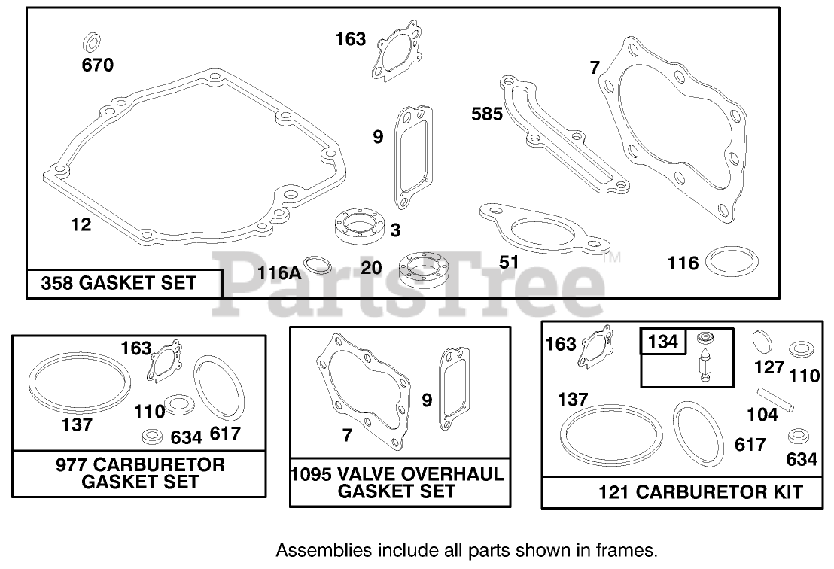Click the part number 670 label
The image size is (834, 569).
[x=98, y=65]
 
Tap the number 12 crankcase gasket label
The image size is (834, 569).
[x=81, y=224]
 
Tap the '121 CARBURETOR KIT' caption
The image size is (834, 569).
[x=700, y=493]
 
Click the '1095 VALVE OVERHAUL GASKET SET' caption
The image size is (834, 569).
[x=397, y=483]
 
